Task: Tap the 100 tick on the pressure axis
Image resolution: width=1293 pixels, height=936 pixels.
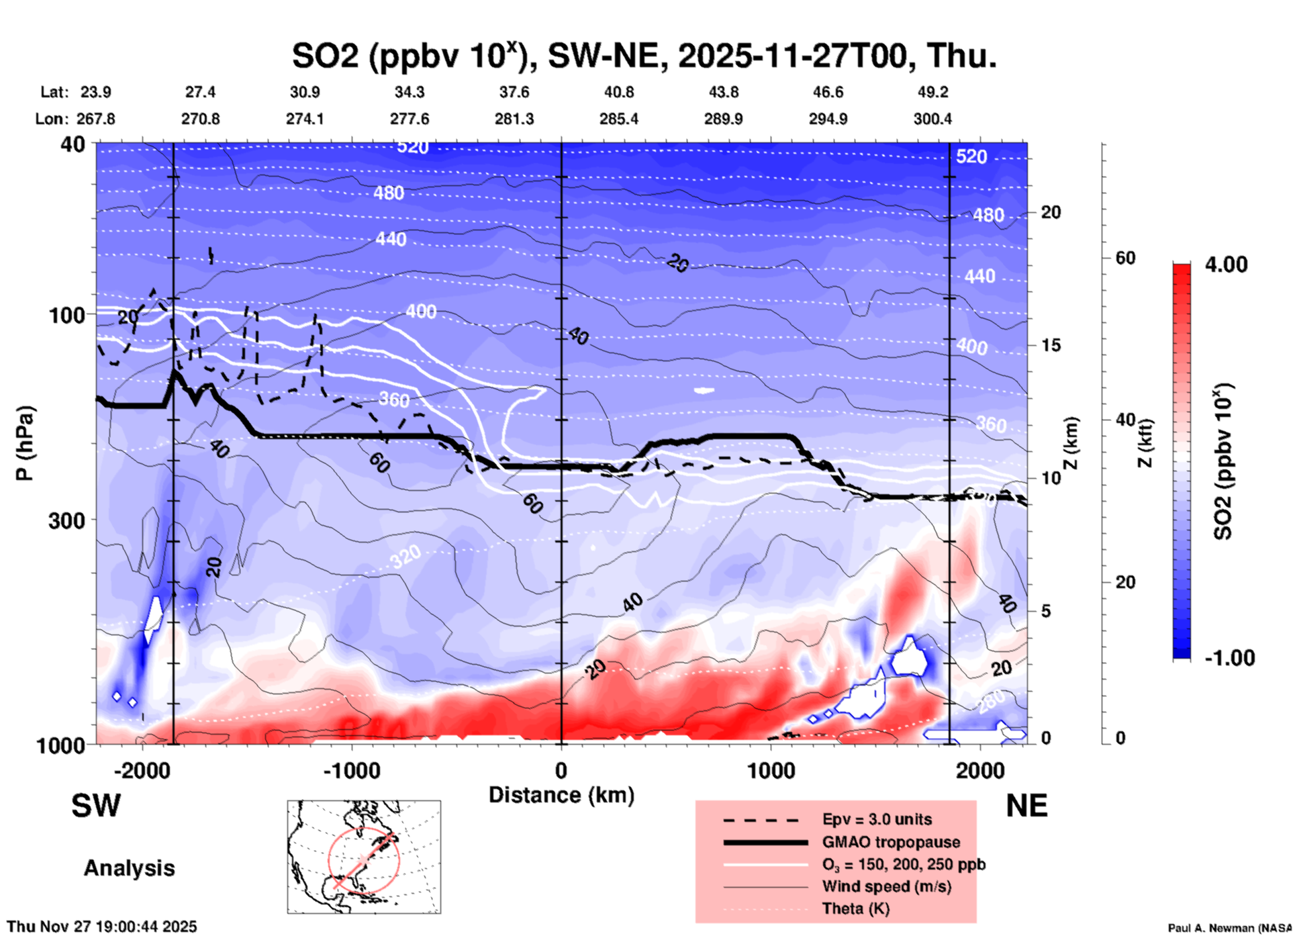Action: point(67,315)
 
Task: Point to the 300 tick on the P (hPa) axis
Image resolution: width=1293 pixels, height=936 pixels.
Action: point(67,520)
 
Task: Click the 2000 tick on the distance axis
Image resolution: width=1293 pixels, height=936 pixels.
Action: point(980,771)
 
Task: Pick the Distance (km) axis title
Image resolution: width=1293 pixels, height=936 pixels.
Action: point(561,795)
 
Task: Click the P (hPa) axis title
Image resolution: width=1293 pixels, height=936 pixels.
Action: point(26,443)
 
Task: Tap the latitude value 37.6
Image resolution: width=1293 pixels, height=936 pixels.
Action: point(514,92)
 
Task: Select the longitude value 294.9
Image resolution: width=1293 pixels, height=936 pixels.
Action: point(828,119)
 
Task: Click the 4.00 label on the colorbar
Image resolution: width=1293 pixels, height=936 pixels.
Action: point(1226,265)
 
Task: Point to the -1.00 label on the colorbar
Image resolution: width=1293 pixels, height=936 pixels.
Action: point(1229,658)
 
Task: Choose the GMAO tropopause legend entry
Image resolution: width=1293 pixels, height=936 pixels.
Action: point(891,842)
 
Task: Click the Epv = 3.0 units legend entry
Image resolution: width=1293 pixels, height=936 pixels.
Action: point(877,819)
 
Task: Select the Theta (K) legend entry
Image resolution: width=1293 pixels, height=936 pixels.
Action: point(855,909)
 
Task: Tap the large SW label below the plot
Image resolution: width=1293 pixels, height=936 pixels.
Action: point(96,806)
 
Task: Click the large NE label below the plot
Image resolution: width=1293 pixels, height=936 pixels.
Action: point(1026,806)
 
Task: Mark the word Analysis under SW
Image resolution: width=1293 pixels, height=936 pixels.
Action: point(129,868)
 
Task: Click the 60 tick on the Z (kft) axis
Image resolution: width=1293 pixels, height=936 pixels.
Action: point(1125,258)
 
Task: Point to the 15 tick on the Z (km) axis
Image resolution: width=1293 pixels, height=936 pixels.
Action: point(1051,345)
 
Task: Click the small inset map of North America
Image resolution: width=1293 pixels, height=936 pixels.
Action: point(364,856)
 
